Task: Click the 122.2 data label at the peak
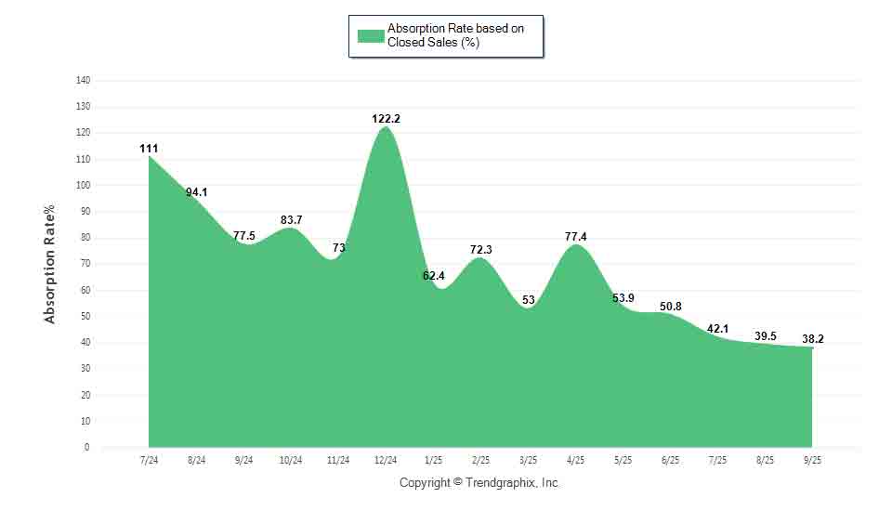click(x=386, y=119)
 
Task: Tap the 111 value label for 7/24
click(x=149, y=149)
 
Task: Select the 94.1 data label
click(x=196, y=192)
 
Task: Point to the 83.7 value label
click(x=291, y=220)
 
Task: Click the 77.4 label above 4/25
click(x=575, y=237)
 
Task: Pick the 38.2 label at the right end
click(x=812, y=339)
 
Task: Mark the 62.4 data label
click(x=433, y=276)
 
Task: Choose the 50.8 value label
click(x=670, y=307)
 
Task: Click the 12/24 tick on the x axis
click(x=386, y=460)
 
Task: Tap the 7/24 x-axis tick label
click(x=149, y=460)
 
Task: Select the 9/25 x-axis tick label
click(x=812, y=460)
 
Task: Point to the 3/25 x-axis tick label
click(x=528, y=460)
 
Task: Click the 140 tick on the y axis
click(x=83, y=81)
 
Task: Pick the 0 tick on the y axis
click(x=87, y=447)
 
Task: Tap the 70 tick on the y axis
click(x=85, y=264)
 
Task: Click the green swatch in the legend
click(x=371, y=36)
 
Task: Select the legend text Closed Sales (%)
click(x=433, y=43)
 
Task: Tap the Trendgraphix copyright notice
click(x=479, y=483)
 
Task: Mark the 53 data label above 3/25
click(x=528, y=300)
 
